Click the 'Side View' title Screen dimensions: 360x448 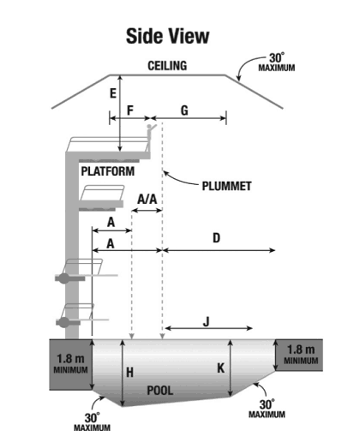point(167,36)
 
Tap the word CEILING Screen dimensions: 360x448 point(167,66)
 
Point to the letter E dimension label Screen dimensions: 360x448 point(113,93)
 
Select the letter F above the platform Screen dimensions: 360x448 point(130,111)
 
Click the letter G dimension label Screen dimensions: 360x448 point(184,111)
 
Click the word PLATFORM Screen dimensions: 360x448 point(108,171)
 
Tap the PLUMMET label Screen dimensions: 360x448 point(226,186)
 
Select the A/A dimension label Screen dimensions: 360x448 point(147,199)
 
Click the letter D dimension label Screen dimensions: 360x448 point(217,238)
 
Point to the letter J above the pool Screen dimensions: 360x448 point(207,322)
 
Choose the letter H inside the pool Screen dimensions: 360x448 point(129,373)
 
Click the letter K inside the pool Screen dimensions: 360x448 point(221,368)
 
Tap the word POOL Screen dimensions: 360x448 point(160,391)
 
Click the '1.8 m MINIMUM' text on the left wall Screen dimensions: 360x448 point(70,364)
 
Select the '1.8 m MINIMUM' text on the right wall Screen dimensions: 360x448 point(301,355)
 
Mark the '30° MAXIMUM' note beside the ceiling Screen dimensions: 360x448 point(277,62)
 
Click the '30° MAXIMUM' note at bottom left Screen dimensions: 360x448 point(92,421)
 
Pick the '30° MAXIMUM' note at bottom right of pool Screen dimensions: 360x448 point(267,409)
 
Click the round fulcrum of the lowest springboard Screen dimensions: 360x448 point(64,322)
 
